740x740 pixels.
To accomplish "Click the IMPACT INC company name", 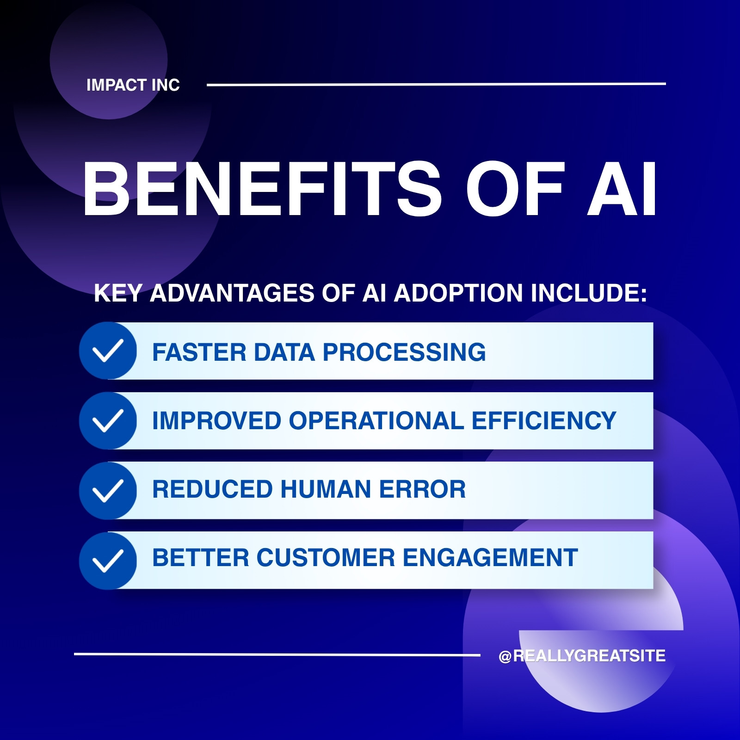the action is click(x=133, y=85).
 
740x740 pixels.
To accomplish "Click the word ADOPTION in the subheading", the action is click(x=459, y=293).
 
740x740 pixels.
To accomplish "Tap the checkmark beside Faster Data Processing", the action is click(x=108, y=351).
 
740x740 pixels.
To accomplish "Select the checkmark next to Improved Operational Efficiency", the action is click(x=108, y=420).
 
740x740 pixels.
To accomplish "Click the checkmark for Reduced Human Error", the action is click(x=108, y=490).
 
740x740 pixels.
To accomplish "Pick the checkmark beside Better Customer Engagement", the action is click(x=108, y=560).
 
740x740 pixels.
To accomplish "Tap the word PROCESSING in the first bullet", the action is click(x=404, y=352).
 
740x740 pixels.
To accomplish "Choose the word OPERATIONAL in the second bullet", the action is click(x=376, y=421).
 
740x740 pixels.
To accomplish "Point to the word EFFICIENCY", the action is click(x=544, y=421).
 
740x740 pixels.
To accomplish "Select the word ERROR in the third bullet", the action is click(x=423, y=489).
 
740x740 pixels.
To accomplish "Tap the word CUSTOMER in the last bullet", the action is click(x=326, y=558).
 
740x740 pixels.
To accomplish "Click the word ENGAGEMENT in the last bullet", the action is click(x=491, y=558).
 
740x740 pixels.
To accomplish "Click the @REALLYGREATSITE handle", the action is click(x=582, y=656).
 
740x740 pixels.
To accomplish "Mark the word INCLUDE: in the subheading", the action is click(x=589, y=293).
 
